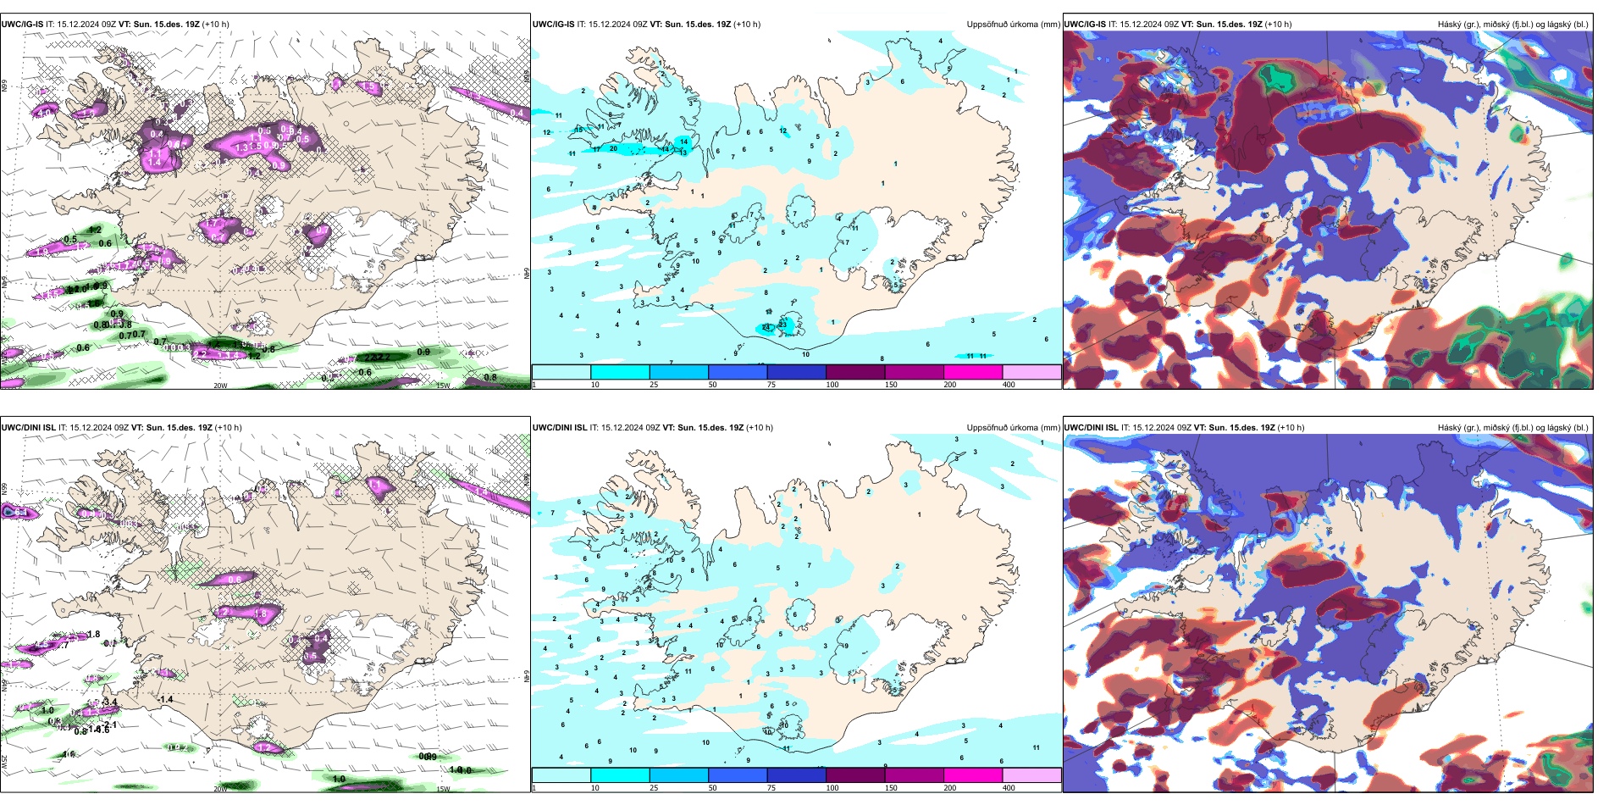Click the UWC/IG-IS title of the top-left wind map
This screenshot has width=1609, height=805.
click(22, 25)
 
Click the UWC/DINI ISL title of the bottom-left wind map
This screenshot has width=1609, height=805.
click(28, 428)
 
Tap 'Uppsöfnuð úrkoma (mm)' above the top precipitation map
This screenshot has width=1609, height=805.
click(1013, 25)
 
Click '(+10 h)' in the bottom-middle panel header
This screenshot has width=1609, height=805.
click(760, 428)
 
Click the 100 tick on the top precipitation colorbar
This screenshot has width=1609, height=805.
click(832, 385)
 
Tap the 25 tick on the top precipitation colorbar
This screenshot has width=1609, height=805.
click(653, 385)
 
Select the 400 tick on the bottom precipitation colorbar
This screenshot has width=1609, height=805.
click(1009, 788)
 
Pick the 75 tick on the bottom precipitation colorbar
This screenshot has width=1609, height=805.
click(771, 788)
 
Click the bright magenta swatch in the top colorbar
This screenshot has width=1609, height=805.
click(972, 372)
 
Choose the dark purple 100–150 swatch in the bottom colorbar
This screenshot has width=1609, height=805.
click(854, 775)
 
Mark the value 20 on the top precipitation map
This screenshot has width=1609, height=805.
click(613, 148)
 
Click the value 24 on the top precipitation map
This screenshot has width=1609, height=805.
click(766, 326)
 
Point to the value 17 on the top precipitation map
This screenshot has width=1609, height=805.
click(596, 149)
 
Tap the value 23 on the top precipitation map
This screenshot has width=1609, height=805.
click(782, 323)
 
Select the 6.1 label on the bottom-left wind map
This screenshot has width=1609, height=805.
click(21, 513)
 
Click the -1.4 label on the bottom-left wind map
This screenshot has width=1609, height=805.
click(165, 699)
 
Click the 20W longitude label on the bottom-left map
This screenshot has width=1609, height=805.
click(220, 789)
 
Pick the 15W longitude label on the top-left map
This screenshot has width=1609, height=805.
click(442, 386)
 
